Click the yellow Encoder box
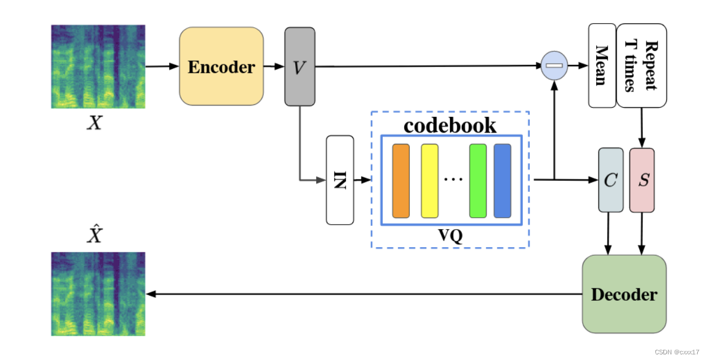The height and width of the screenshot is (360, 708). (x=221, y=67)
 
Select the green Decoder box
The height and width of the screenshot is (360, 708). (x=624, y=294)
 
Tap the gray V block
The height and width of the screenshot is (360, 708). (x=299, y=67)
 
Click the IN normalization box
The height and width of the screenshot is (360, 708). (x=340, y=180)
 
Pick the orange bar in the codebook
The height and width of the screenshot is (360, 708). (x=401, y=181)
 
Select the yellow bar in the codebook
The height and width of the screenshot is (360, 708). (x=430, y=181)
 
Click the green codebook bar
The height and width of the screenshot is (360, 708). (x=478, y=181)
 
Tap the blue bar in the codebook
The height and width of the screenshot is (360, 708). (x=502, y=181)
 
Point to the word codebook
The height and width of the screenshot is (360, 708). (x=450, y=125)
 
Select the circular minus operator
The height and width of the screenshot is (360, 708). (x=554, y=66)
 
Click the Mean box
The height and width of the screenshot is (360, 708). (x=602, y=65)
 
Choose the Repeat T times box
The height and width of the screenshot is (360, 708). (x=642, y=65)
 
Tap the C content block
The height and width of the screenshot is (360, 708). (x=611, y=180)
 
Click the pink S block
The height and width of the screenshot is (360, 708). (x=642, y=180)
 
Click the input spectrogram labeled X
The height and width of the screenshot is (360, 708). (x=98, y=67)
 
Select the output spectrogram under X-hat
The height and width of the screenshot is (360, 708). (x=98, y=293)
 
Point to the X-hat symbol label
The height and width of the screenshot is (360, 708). (x=94, y=235)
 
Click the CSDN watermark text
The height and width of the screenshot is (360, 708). (x=677, y=352)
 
